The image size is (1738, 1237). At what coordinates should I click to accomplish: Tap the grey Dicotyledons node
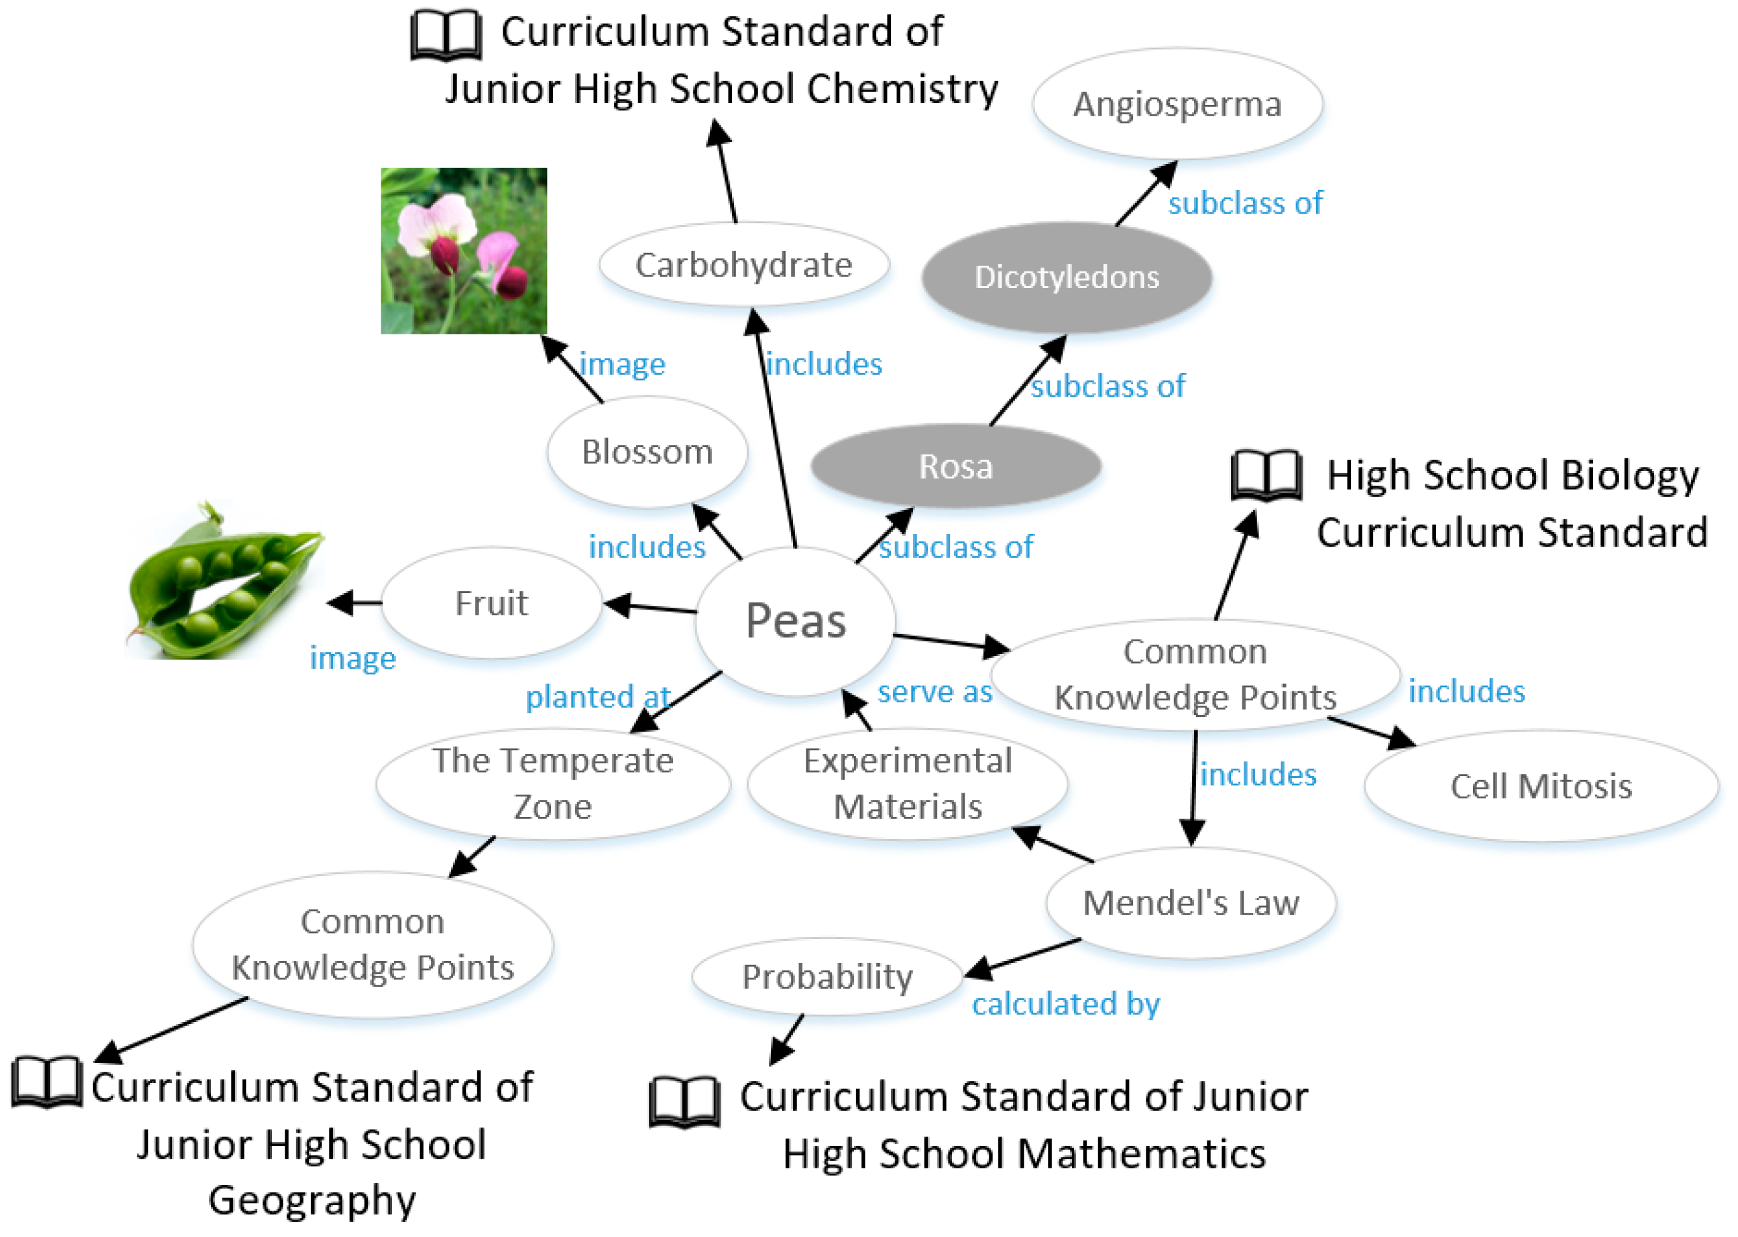(1066, 277)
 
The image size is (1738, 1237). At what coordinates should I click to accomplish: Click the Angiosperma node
(1177, 104)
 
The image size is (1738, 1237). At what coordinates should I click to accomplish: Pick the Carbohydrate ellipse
(743, 265)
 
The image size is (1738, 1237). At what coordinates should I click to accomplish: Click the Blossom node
(647, 452)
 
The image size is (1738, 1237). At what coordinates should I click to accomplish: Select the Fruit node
(491, 603)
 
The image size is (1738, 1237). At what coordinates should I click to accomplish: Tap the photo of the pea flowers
(464, 250)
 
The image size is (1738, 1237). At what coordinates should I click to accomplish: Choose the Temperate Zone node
(553, 783)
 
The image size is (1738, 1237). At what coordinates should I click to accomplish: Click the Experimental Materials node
(907, 783)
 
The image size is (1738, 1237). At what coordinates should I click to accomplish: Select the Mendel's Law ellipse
(1191, 903)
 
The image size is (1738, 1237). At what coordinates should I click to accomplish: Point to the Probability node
(827, 976)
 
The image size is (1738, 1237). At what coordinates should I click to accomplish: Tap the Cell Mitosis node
(1541, 786)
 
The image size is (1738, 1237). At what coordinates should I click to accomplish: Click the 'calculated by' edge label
(1066, 1004)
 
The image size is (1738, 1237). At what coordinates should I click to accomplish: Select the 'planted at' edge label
(597, 696)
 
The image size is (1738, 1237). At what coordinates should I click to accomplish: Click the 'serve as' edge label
(935, 692)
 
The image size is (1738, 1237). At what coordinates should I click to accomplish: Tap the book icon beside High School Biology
(1266, 475)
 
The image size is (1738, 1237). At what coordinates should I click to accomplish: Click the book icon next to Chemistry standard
(446, 35)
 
